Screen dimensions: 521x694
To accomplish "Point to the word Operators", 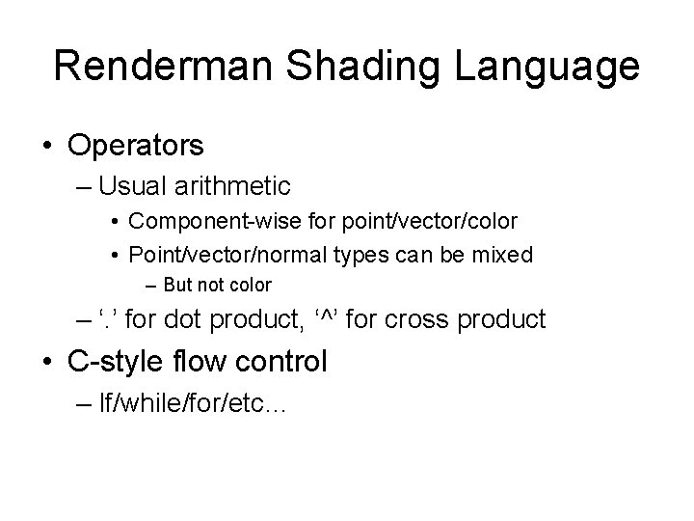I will [136, 146].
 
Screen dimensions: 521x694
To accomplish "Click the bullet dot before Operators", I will [48, 147].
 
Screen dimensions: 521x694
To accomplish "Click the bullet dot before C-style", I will [48, 364].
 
